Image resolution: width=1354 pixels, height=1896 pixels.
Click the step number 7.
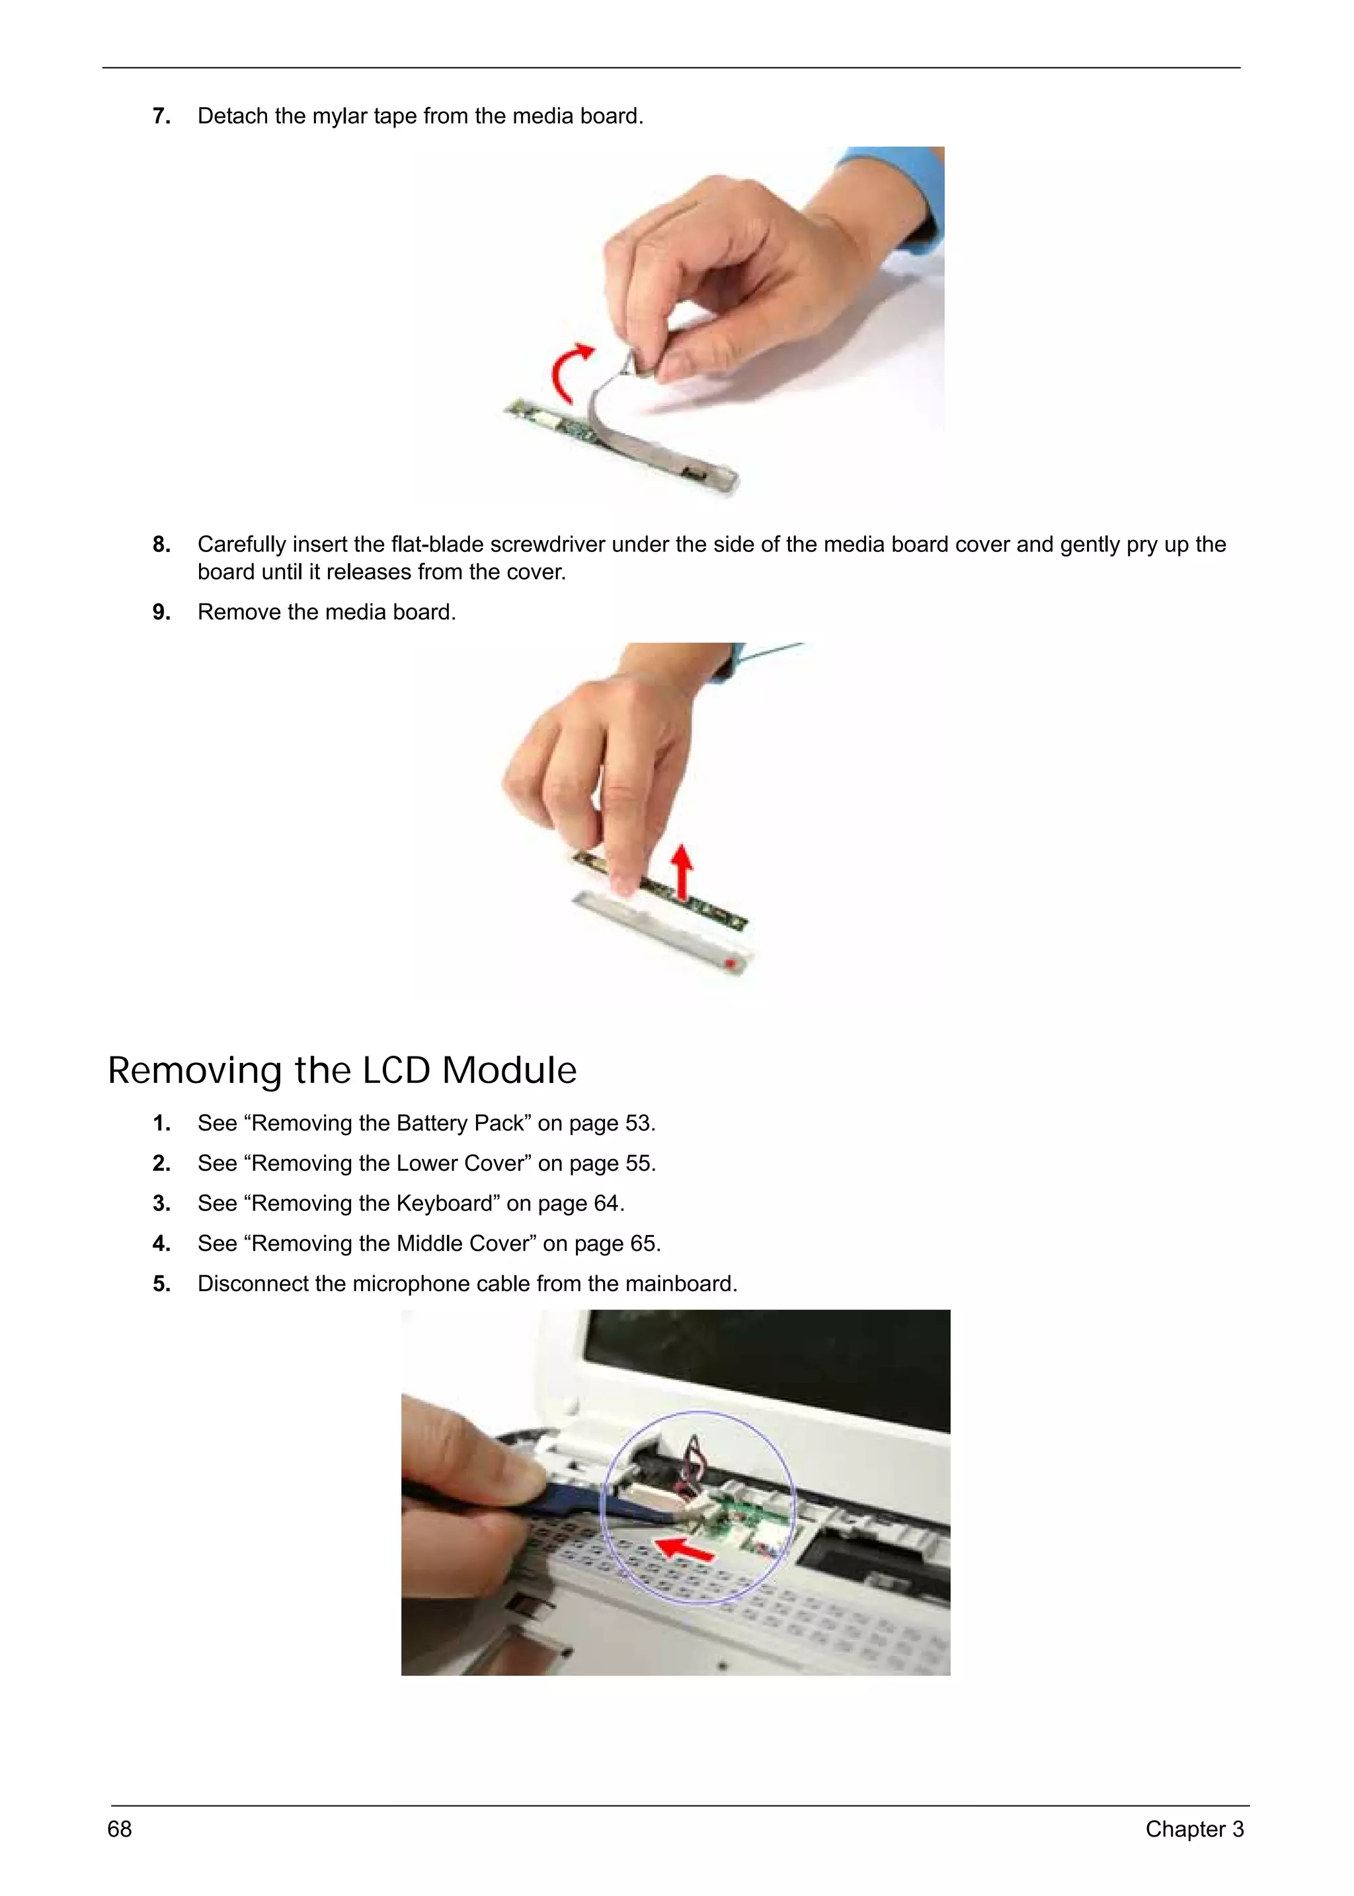(x=162, y=116)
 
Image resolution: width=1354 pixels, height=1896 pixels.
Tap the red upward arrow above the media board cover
(x=683, y=871)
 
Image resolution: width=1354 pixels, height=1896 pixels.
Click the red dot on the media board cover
(x=732, y=965)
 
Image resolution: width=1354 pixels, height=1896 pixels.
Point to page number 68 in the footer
(x=119, y=1829)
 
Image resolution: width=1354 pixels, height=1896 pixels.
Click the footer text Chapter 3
(x=1194, y=1829)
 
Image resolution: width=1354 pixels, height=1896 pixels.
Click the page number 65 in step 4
(x=643, y=1243)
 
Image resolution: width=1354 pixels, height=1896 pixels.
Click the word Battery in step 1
(x=432, y=1124)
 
